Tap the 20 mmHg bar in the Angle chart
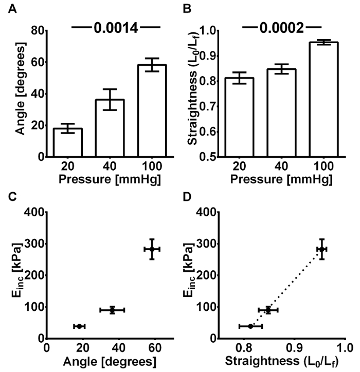click(x=68, y=142)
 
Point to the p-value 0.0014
click(x=116, y=28)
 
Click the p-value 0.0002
click(x=282, y=28)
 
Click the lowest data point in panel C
click(x=79, y=326)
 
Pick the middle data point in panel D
click(x=268, y=310)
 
